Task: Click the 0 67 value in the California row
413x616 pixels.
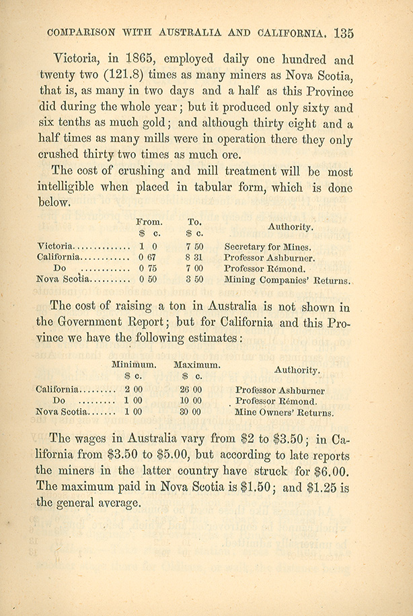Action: click(x=147, y=257)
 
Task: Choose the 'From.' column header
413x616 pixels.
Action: click(x=149, y=221)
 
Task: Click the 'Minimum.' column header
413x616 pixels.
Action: click(x=134, y=364)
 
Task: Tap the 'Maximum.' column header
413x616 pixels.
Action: click(x=196, y=364)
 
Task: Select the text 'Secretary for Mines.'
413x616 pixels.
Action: click(x=267, y=247)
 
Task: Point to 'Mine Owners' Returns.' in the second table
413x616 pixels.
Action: click(x=285, y=412)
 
